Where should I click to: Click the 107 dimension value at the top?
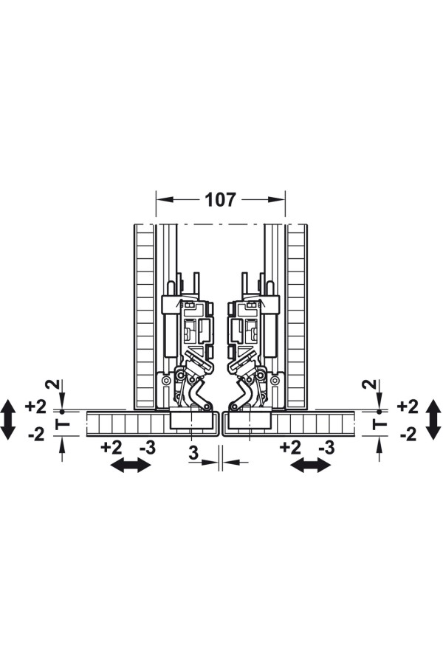point(221,200)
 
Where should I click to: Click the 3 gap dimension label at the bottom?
point(193,453)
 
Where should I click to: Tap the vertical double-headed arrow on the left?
point(8,420)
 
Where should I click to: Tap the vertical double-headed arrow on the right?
point(433,420)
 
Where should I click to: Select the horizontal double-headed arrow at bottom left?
point(131,466)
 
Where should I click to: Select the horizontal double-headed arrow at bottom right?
point(311,466)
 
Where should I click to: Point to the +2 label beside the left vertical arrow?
point(35,407)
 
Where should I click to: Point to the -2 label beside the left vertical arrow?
point(36,435)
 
